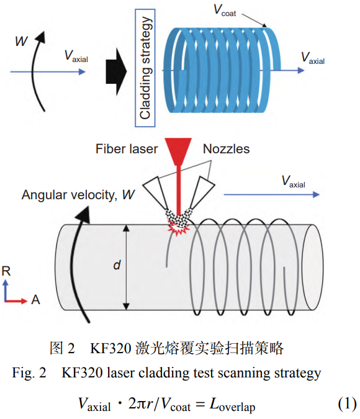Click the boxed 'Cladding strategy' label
[x=145, y=68]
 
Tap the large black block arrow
[x=116, y=71]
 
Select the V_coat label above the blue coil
[x=225, y=11]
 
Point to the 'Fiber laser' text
[x=127, y=149]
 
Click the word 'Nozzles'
[x=227, y=149]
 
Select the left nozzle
[x=156, y=192]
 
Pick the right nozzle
[x=202, y=192]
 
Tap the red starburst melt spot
[x=178, y=228]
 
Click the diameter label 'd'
[x=117, y=265]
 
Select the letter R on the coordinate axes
[x=6, y=271]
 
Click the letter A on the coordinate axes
[x=35, y=300]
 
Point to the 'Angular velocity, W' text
[x=78, y=195]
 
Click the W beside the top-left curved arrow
[x=21, y=41]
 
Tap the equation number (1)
[x=347, y=403]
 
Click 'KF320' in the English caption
[x=82, y=373]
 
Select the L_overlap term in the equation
[x=233, y=405]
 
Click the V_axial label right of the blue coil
[x=313, y=58]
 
